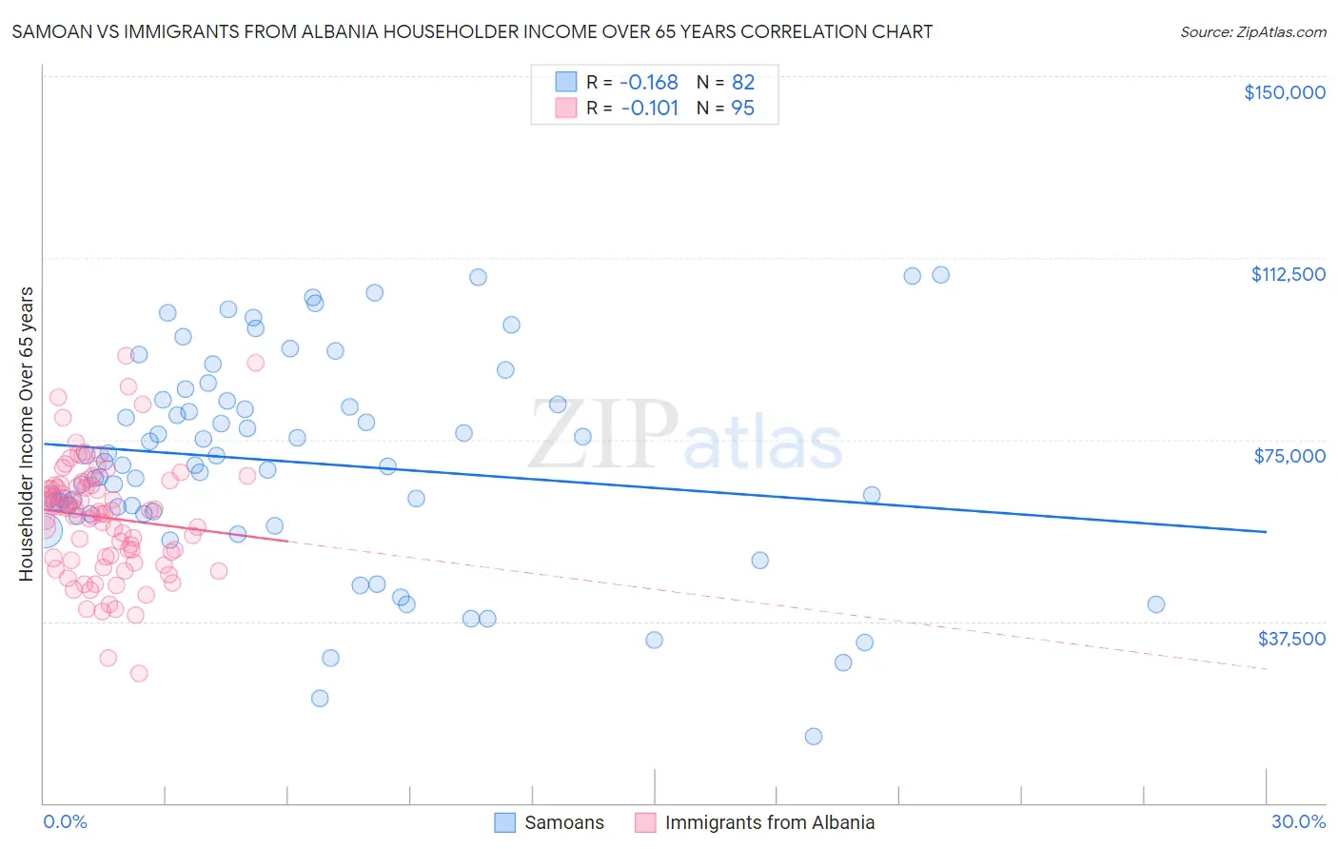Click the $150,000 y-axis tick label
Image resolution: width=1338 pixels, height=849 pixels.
coord(1284,92)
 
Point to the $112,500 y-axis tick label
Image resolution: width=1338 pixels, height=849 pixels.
coord(1288,274)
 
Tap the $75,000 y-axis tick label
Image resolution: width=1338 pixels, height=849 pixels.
coord(1289,456)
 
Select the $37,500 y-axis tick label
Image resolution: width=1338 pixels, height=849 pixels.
coord(1291,639)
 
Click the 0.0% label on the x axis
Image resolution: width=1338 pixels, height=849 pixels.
coord(65,821)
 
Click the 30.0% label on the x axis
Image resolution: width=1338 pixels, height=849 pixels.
coord(1298,821)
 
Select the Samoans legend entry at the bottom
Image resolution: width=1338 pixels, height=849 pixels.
coord(563,822)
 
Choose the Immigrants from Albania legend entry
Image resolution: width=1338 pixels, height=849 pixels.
coord(769,822)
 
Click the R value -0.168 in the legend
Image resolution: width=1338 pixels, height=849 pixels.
coord(649,82)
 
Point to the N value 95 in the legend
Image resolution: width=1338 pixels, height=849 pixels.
coord(742,109)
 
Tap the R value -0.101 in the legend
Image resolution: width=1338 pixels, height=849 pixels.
coord(649,109)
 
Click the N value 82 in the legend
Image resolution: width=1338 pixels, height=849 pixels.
coord(742,82)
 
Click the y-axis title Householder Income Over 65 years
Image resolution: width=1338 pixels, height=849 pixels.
coord(27,433)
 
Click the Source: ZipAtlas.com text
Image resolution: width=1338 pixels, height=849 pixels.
coord(1252,32)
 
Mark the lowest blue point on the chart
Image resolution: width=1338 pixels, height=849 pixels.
coord(814,736)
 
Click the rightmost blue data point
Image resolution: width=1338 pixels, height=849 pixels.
coord(1156,604)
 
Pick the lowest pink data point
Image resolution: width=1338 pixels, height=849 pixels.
coord(139,673)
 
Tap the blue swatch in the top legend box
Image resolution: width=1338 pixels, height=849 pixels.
coord(566,82)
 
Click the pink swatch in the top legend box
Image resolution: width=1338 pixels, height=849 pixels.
coord(566,109)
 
